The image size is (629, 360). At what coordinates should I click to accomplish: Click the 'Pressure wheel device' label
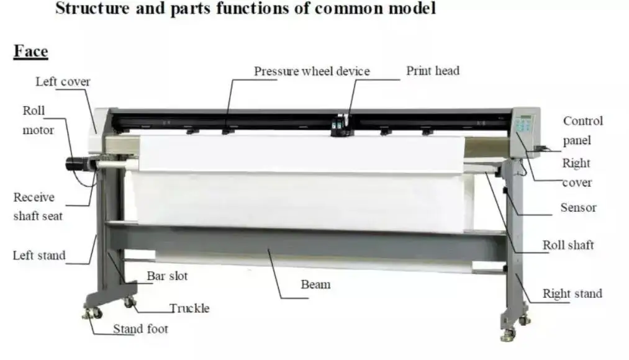coord(311,71)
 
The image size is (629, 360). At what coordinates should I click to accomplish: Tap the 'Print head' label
coord(433,71)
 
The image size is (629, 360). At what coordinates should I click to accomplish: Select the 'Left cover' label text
coord(63,82)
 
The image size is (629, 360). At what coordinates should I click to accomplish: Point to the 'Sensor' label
coord(577,208)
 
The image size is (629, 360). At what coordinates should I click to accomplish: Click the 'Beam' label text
coord(315,285)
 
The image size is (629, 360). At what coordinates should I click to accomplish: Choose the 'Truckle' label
coord(189,308)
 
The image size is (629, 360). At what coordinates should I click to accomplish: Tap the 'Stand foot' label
coord(140,329)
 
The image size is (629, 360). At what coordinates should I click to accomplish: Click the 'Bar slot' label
coord(167,276)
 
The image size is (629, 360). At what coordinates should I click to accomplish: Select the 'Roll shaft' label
coord(568,245)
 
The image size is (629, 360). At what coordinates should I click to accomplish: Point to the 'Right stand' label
coord(572,294)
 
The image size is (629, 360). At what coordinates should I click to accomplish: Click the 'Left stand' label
coord(39,255)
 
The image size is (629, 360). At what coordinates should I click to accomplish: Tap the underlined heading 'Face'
coord(31,52)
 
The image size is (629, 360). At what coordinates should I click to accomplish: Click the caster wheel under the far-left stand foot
coord(89,313)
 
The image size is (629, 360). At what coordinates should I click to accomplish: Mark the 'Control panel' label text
coord(582,130)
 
